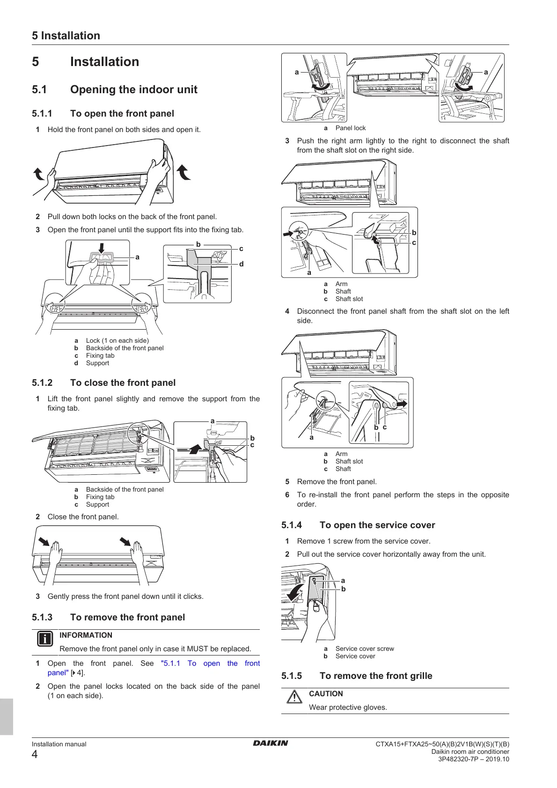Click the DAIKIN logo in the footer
click(x=271, y=743)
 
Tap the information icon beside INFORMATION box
click(x=45, y=639)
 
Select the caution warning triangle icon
click(x=294, y=697)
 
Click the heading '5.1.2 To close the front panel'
click(x=104, y=383)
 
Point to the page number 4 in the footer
click(x=35, y=754)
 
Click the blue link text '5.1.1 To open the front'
click(x=210, y=663)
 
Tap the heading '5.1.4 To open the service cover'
click(x=358, y=525)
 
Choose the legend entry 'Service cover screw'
click(x=365, y=648)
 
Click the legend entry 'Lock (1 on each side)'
click(x=117, y=340)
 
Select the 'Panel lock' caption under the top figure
click(x=351, y=128)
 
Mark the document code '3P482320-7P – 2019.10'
click(x=474, y=759)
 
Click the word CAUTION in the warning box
click(x=326, y=693)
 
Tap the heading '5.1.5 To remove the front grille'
click(x=357, y=676)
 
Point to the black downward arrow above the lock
click(x=102, y=247)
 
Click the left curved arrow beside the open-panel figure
click(x=39, y=174)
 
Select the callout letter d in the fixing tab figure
click(x=242, y=264)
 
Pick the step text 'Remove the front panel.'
click(x=337, y=481)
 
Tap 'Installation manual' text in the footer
click(x=59, y=744)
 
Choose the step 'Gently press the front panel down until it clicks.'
click(x=125, y=596)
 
